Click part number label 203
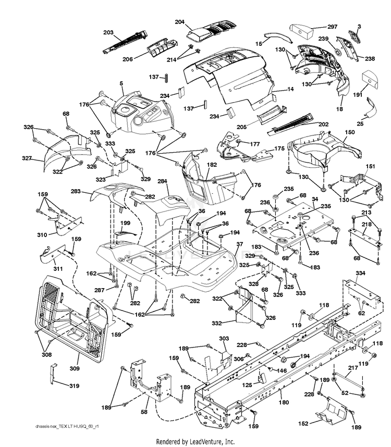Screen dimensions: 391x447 (x=108, y=32)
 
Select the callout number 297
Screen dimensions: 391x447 (x=332, y=27)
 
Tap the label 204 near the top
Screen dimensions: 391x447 (x=180, y=22)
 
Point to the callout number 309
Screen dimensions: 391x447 (x=75, y=368)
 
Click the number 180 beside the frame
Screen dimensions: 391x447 (x=284, y=402)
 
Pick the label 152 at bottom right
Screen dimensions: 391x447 (x=303, y=424)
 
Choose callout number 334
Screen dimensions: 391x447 (x=360, y=273)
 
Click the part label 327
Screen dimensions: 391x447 (x=27, y=158)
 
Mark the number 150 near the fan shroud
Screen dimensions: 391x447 (x=350, y=132)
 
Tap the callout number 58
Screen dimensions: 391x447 (x=144, y=412)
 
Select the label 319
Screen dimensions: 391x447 (x=75, y=386)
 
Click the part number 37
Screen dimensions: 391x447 (x=240, y=244)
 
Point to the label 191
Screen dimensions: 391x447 (x=358, y=95)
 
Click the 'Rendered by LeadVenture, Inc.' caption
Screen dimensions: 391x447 (x=195, y=442)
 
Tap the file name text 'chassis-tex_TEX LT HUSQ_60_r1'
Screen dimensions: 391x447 (x=67, y=426)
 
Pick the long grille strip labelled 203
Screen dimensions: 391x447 (x=126, y=42)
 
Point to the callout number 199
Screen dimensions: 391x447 (x=125, y=223)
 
